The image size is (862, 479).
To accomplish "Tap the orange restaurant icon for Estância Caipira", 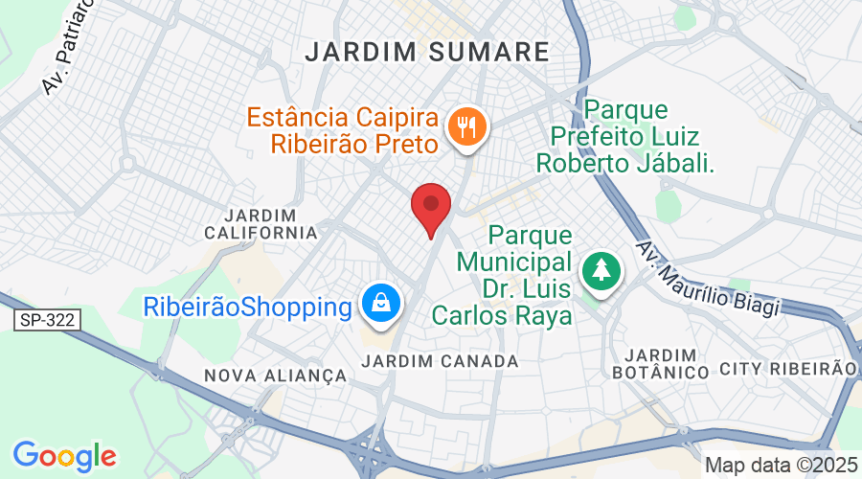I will pos(467,125).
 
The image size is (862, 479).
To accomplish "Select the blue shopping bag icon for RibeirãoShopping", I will pos(381,304).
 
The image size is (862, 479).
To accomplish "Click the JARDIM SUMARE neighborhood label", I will pos(427,52).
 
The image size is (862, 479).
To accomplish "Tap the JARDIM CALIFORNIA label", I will pos(261,223).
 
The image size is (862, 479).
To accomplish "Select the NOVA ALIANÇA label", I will pos(275,376).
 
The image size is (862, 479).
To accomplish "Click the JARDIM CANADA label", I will pos(442,361).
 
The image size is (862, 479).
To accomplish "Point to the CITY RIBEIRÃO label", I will pos(787,369).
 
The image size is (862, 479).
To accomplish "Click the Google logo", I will pos(64,455).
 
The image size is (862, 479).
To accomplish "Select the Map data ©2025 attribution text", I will pos(781,465).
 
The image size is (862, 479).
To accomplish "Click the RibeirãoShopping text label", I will pos(248,308).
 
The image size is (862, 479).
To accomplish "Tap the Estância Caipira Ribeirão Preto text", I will pos(343,130).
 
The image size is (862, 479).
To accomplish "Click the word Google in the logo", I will pos(64,455).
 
